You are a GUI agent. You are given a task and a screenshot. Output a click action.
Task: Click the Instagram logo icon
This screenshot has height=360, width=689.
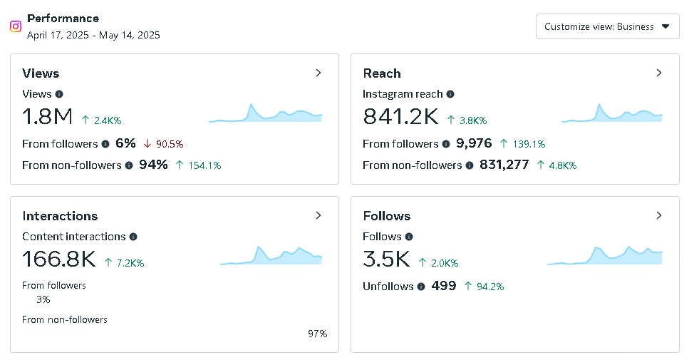[x=16, y=26]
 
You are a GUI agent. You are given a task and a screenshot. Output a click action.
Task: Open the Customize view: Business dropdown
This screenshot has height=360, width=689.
[x=607, y=26]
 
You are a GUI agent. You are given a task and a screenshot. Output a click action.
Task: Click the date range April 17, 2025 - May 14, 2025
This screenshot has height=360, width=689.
[x=93, y=34]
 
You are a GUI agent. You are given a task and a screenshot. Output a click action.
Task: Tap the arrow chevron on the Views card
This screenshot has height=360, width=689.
[x=318, y=73]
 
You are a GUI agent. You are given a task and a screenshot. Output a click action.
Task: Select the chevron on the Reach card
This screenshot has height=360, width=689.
[x=659, y=73]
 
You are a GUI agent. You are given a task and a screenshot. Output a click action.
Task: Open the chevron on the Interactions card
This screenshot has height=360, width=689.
[x=318, y=215]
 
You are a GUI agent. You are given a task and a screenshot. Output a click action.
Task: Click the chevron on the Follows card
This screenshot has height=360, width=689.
[x=659, y=215]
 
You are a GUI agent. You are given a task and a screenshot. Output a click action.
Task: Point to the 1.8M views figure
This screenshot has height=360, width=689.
[x=47, y=116]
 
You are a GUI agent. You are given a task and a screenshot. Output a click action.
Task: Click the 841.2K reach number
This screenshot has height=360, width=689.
[x=400, y=116]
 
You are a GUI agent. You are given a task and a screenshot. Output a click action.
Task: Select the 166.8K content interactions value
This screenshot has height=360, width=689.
[x=59, y=259]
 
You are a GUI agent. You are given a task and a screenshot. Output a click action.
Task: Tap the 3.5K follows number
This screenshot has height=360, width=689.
[x=386, y=259]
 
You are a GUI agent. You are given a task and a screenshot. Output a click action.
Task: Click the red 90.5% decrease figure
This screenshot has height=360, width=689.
[x=169, y=144]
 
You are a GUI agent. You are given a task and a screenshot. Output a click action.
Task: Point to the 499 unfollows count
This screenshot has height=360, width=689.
[x=444, y=287]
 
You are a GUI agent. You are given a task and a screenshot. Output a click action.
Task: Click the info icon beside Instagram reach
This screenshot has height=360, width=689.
[x=450, y=94]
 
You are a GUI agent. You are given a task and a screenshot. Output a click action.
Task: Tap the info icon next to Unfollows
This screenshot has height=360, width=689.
[x=421, y=287]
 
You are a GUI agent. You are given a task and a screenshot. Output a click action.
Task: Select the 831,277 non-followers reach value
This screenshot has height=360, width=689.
[x=504, y=165]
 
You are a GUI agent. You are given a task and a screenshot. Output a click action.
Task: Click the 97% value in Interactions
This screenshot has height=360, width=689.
[x=318, y=334]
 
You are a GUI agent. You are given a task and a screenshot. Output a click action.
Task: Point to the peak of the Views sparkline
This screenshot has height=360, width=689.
[x=251, y=106]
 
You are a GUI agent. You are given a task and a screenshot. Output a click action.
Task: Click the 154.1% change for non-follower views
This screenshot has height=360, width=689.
[x=204, y=165]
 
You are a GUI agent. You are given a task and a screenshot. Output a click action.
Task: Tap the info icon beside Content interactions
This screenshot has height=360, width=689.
[x=133, y=237]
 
